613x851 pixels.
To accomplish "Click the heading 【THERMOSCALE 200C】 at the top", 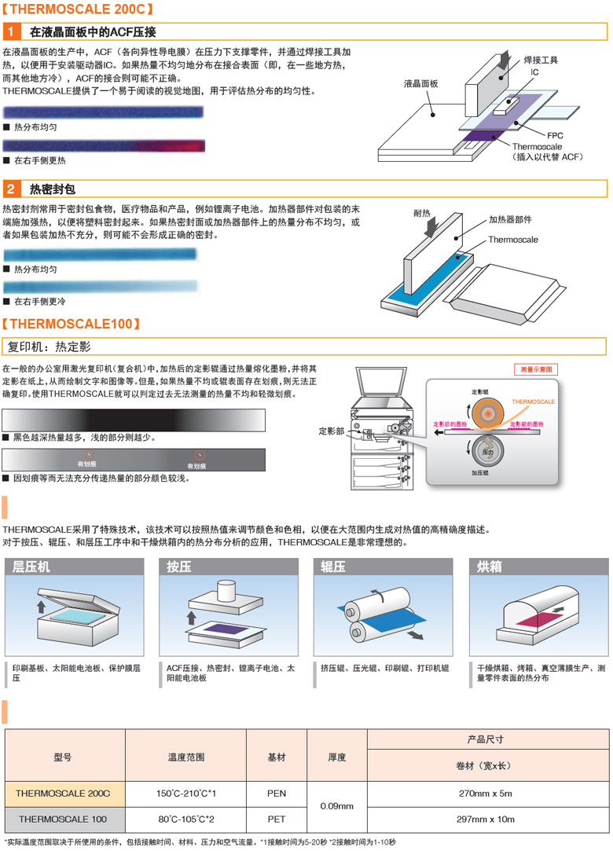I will [78, 11].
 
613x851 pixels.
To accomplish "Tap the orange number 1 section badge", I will [11, 32].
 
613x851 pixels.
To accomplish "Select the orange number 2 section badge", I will [11, 189].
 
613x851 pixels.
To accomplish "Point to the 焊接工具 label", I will [540, 59].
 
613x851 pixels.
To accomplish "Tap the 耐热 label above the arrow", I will [422, 213].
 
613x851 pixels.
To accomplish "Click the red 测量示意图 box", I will [537, 369].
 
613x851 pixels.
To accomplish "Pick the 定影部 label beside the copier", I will [331, 431].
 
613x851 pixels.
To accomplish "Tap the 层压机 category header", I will [31, 567].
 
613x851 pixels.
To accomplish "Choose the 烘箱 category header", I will [490, 567].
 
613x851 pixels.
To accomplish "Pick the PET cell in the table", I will [277, 819].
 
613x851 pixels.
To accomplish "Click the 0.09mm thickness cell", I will [337, 806].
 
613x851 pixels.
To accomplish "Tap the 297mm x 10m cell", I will [488, 819].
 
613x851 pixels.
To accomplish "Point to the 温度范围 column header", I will [186, 757].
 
